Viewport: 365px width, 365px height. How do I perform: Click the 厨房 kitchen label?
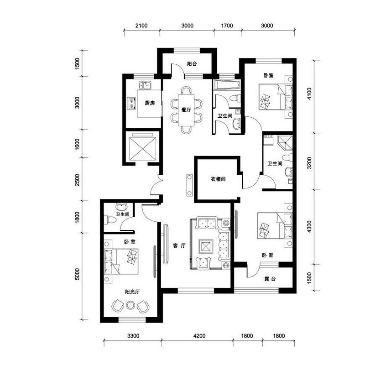[x=150, y=103]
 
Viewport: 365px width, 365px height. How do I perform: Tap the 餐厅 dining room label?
[x=186, y=109]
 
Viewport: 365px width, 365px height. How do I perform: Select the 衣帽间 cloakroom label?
[x=218, y=179]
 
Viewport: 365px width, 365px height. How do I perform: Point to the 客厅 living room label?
[x=179, y=245]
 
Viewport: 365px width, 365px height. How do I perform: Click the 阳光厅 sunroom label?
[x=132, y=292]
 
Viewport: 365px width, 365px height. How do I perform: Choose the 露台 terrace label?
[x=270, y=279]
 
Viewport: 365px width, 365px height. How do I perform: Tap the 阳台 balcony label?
[x=192, y=64]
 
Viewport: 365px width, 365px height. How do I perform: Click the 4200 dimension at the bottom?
[x=199, y=336]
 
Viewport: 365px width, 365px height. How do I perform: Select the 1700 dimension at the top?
[x=227, y=26]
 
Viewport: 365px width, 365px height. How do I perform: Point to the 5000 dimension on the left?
[x=77, y=274]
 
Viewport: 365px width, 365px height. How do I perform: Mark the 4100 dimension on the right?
[x=309, y=94]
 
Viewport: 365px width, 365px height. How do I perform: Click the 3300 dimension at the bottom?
[x=133, y=336]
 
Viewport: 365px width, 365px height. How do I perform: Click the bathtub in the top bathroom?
[x=227, y=85]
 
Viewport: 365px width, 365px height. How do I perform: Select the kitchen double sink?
[x=145, y=85]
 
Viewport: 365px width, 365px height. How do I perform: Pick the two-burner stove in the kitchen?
[x=132, y=104]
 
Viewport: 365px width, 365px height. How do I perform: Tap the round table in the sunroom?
[x=130, y=305]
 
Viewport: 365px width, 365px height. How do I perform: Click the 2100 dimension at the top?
[x=141, y=26]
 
